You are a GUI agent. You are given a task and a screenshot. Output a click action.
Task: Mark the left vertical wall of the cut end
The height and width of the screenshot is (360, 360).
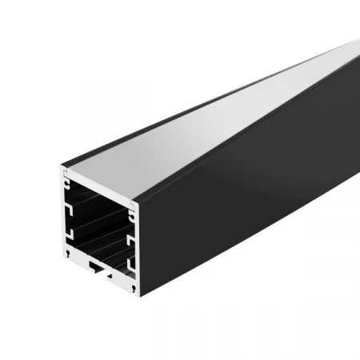click(x=63, y=216)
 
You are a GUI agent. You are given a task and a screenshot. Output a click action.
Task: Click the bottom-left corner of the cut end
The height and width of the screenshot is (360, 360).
click(x=62, y=258)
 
